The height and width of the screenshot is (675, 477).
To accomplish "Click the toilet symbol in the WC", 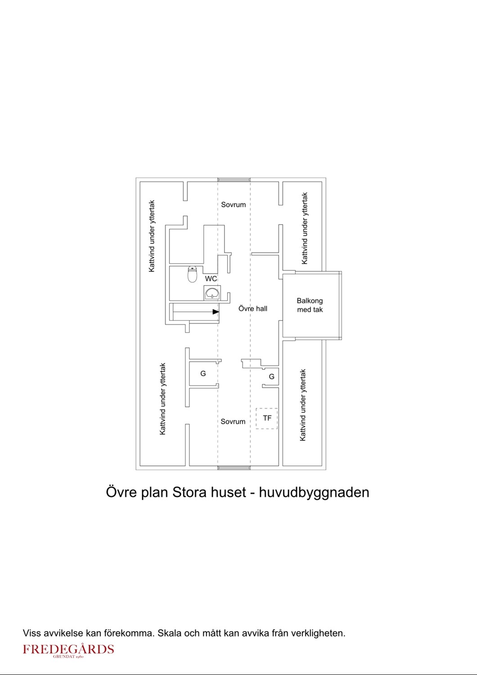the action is click(192, 274).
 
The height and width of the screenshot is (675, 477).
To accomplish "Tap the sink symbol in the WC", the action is click(212, 293).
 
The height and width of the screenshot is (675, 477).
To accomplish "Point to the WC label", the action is click(211, 279).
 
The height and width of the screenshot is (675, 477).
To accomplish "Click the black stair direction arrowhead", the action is click(216, 312).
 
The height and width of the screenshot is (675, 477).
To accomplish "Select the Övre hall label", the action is click(253, 309).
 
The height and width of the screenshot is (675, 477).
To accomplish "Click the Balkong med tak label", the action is click(310, 305).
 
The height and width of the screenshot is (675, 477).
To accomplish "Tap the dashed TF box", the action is click(267, 418).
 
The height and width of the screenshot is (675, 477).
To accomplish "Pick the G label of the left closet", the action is click(203, 373).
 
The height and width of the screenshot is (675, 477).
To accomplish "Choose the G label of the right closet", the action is click(271, 376).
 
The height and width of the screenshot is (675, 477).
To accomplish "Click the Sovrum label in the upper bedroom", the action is click(233, 205).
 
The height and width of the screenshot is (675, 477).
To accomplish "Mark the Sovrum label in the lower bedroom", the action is click(233, 422).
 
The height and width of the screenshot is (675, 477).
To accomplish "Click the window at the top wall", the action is click(234, 180).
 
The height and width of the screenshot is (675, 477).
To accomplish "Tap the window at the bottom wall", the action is click(234, 468).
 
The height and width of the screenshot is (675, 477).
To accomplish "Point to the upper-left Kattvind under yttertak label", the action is click(152, 236).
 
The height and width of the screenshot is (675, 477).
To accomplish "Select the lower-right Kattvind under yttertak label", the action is click(302, 405).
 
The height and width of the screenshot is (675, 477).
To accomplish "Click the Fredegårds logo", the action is click(68, 650).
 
